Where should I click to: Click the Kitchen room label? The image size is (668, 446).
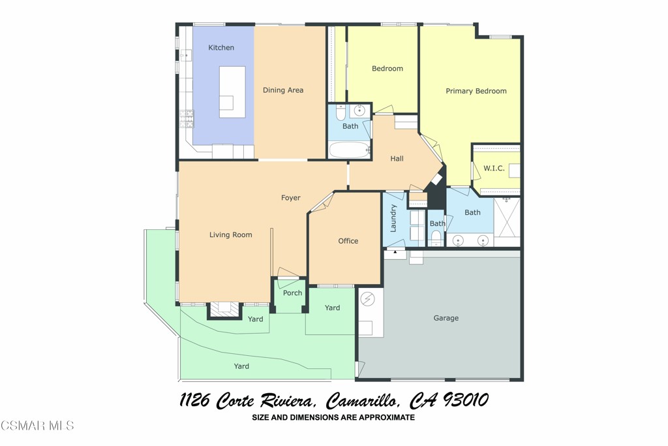click(x=221, y=48)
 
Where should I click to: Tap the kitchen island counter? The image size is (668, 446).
click(x=232, y=91)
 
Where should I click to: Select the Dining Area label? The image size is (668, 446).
click(x=283, y=90)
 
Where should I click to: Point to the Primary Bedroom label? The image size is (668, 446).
click(x=476, y=91)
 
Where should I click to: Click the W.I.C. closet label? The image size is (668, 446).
click(x=494, y=168)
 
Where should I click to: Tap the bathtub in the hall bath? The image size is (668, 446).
click(x=349, y=150)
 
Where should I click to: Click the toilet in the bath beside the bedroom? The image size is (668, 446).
click(x=339, y=114)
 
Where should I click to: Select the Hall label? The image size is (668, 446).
click(x=397, y=159)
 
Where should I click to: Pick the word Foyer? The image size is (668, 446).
click(x=291, y=198)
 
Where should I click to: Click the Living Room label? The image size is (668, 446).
click(x=230, y=235)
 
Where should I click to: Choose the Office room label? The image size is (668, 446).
click(x=348, y=241)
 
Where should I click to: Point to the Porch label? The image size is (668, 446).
click(x=292, y=293)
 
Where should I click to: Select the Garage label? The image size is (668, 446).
click(x=446, y=319)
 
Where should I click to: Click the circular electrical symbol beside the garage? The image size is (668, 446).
click(x=368, y=299)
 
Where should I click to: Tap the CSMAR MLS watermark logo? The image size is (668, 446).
click(x=37, y=426)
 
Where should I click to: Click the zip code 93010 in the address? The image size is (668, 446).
click(x=465, y=400)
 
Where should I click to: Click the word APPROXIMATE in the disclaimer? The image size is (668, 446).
click(x=384, y=417)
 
